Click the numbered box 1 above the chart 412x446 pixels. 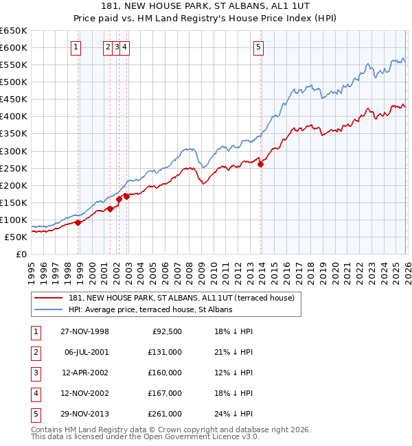click(75, 47)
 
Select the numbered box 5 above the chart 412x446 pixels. click(258, 47)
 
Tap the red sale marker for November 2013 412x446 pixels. click(261, 163)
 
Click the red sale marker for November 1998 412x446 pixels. click(78, 222)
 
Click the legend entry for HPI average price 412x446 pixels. click(150, 309)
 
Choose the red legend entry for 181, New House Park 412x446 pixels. click(181, 298)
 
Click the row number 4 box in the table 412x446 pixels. click(34, 393)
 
